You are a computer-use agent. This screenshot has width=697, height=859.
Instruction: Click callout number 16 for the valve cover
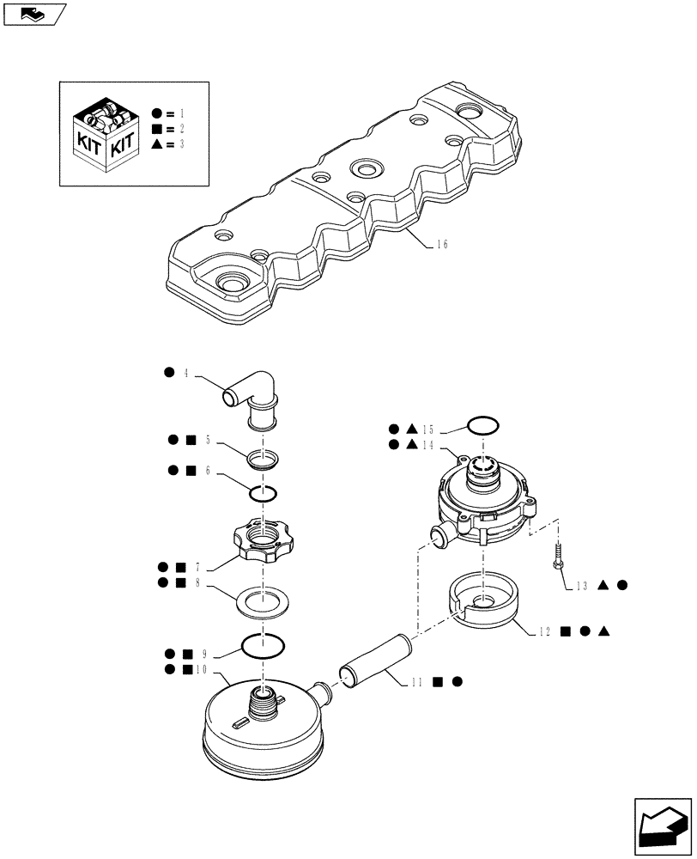click(441, 244)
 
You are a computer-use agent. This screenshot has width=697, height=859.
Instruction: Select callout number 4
click(185, 373)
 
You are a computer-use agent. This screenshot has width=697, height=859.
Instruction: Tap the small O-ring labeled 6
click(263, 494)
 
